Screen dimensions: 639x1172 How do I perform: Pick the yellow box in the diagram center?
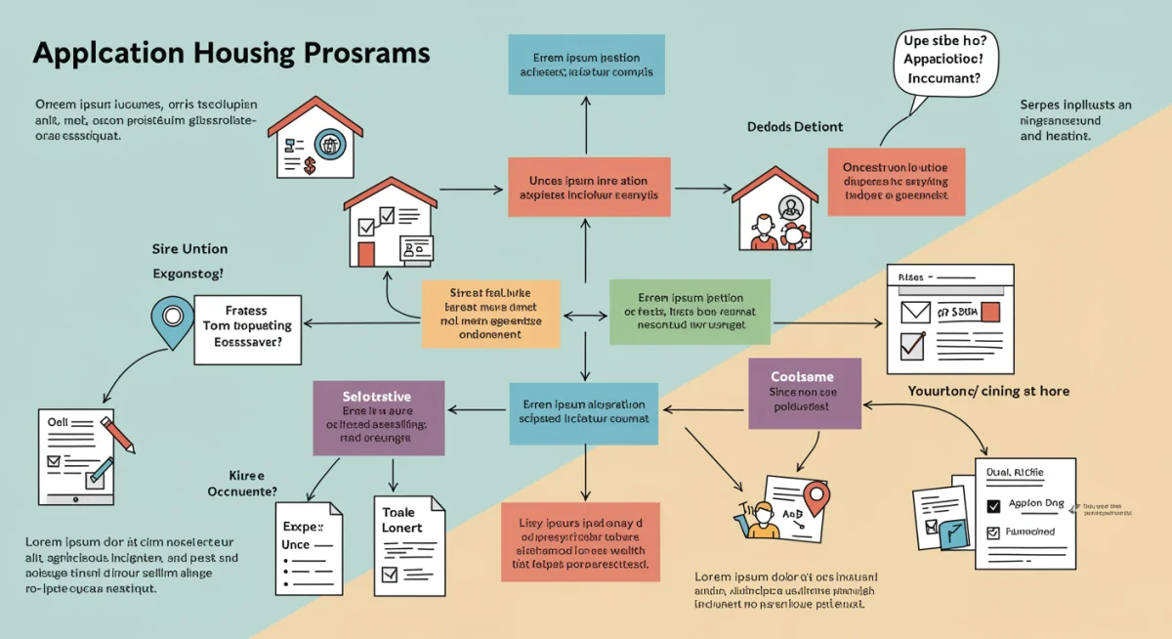click(x=491, y=314)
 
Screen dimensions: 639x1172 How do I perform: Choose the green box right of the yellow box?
click(x=690, y=312)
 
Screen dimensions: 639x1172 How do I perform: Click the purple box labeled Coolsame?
click(x=805, y=393)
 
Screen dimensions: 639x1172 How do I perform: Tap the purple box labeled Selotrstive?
click(x=378, y=417)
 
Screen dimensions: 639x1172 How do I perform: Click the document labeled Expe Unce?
click(x=308, y=548)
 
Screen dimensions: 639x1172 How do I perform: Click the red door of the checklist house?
click(x=366, y=254)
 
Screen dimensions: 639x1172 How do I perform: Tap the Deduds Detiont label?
click(x=795, y=127)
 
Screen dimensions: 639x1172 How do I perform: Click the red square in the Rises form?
click(x=990, y=313)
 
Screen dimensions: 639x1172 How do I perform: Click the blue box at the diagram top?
click(x=585, y=64)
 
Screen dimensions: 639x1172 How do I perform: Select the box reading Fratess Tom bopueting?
click(x=247, y=327)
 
